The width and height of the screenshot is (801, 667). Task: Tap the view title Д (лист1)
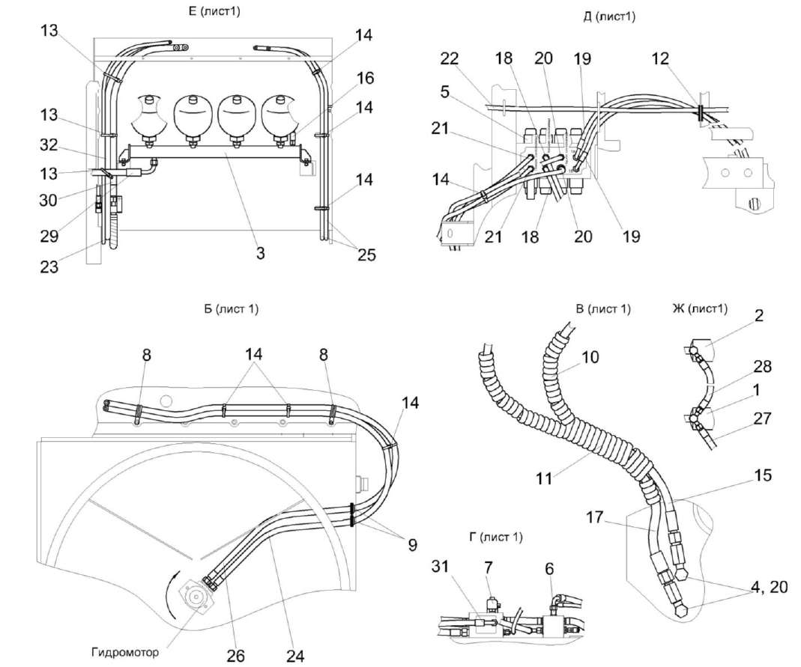(608, 16)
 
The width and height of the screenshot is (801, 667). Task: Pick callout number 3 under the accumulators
(260, 253)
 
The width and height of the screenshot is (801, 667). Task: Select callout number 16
(366, 78)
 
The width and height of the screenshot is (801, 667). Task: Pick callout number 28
(761, 366)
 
